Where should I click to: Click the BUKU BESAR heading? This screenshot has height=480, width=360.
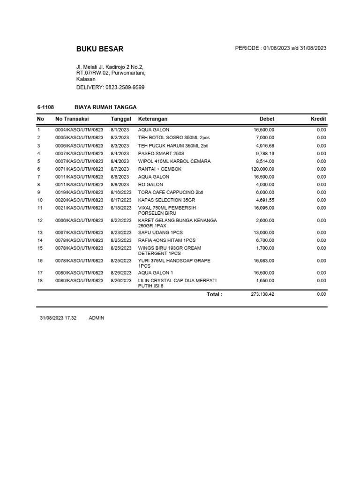tap(100, 49)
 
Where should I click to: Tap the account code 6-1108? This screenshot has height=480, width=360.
tap(46, 107)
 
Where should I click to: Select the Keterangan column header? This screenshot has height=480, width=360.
tap(153, 119)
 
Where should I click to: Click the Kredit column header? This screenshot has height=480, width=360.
tap(318, 119)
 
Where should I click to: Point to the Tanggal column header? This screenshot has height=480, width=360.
tap(121, 119)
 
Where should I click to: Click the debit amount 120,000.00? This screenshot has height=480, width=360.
tap(262, 169)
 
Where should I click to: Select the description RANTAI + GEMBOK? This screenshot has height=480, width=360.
tap(160, 169)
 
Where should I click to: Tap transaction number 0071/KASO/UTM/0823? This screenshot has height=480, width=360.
tap(79, 169)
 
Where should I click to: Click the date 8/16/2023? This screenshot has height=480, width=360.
tap(121, 193)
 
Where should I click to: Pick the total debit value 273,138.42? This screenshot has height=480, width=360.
tap(260, 294)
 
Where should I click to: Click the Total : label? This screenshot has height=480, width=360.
tap(215, 294)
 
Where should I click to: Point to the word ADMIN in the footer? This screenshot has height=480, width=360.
tap(97, 318)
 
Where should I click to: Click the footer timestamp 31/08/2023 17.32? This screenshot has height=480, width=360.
tap(58, 318)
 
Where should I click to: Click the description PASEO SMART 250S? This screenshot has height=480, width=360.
tap(161, 153)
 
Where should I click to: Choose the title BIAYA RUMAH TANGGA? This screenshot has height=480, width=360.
tap(105, 107)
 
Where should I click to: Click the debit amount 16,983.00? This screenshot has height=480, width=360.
tap(264, 261)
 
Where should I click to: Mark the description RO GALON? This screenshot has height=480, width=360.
tap(151, 185)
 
